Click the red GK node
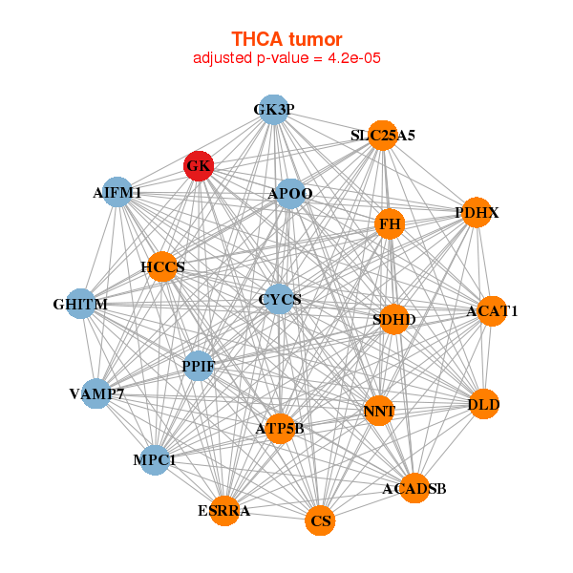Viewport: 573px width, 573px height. (x=199, y=166)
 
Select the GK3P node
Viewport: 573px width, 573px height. (x=274, y=110)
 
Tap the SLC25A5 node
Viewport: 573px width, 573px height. (x=382, y=136)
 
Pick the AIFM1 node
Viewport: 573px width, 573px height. (x=117, y=192)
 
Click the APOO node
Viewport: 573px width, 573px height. (x=290, y=194)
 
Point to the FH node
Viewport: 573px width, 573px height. (x=390, y=224)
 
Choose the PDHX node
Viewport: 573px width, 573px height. (x=477, y=212)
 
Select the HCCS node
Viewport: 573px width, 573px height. (x=163, y=266)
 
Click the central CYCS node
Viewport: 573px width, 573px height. (x=279, y=299)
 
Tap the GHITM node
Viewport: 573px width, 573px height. (x=81, y=305)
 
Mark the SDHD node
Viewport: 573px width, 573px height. (x=393, y=319)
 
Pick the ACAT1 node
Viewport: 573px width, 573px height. (x=491, y=310)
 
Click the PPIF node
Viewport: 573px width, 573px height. (x=198, y=365)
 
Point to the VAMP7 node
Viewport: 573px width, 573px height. (x=96, y=393)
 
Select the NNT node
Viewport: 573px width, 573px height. (x=379, y=412)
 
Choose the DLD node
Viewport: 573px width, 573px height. (x=484, y=405)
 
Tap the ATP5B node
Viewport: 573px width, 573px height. (x=279, y=428)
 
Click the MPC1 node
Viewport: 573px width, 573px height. (x=155, y=460)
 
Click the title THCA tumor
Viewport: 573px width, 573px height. (x=286, y=39)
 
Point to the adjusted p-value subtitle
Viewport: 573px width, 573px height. (x=286, y=58)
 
